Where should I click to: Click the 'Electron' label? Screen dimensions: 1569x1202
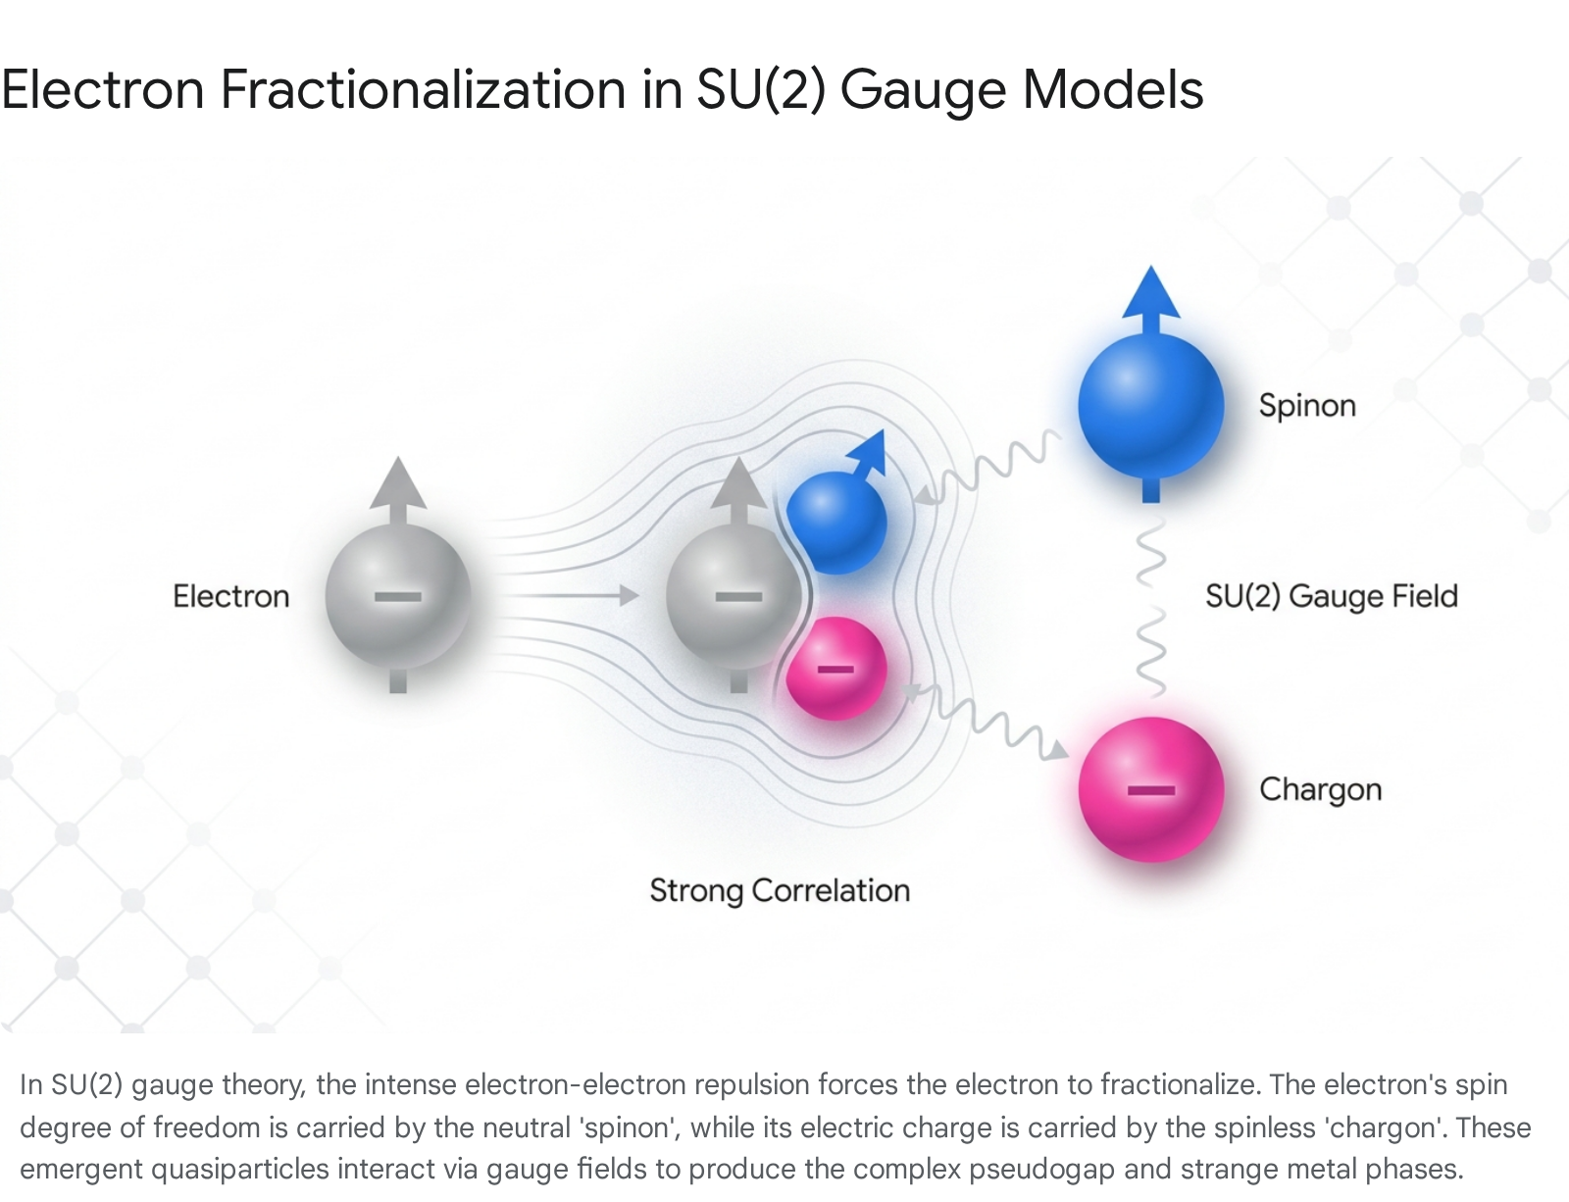231,596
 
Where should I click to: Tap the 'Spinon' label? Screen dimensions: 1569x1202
1307,406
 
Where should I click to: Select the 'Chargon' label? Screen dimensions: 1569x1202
1320,790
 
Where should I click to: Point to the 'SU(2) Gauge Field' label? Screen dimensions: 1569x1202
1332,597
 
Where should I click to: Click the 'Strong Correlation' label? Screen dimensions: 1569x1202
780,891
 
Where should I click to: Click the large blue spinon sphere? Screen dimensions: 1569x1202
1151,406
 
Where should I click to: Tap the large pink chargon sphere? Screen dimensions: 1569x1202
1151,789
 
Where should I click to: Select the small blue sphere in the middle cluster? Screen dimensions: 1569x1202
836,523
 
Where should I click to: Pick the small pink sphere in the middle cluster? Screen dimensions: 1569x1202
836,669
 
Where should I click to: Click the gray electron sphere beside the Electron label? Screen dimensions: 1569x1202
398,596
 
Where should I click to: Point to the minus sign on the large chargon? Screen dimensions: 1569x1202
1151,790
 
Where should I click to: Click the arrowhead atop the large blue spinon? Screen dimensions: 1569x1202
1151,292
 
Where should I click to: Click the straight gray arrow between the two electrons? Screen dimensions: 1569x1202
569,595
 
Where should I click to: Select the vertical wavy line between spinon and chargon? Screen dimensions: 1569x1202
1151,607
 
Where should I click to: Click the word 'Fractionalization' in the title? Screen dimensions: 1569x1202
423,89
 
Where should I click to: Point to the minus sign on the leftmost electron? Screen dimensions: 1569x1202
398,597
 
